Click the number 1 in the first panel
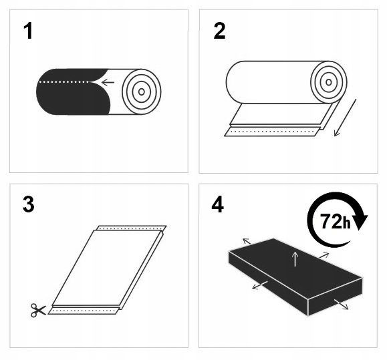point(27,31)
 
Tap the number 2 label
point(219,31)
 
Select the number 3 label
point(28,205)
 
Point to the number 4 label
point(218,205)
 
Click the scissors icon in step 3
point(38,309)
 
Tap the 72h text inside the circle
point(335,222)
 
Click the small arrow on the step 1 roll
point(106,83)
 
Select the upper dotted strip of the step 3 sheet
point(130,228)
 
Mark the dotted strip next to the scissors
point(84,310)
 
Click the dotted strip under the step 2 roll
point(271,132)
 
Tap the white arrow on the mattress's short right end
point(341,305)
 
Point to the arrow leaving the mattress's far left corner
point(245,240)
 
